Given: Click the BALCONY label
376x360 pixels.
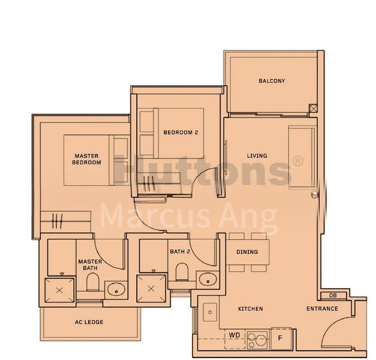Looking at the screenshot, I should tap(272, 81).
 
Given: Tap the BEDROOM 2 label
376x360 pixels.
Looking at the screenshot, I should tap(181, 133).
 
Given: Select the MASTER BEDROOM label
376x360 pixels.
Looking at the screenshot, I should tap(86, 158).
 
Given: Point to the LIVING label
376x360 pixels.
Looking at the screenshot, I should tap(257, 156).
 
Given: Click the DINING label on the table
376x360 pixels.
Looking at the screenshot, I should tap(247, 252).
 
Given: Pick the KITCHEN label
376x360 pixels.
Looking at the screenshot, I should tap(250, 309).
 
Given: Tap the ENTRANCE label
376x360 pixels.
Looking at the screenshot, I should tap(322, 309).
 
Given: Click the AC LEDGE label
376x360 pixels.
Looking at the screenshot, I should tap(89, 322).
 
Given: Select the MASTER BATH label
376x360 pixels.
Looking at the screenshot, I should tap(89, 265).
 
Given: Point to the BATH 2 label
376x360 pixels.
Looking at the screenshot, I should tap(179, 252).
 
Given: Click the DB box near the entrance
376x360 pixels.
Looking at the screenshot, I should tap(333, 296).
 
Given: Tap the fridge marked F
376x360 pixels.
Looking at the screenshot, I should tap(280, 338).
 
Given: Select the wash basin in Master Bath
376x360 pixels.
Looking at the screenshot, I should tap(115, 289).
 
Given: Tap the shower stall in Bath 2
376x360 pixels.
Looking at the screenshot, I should tap(151, 289).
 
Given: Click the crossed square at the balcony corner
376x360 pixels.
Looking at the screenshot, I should tap(313, 109).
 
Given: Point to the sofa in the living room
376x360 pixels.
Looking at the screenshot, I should tap(301, 151).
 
